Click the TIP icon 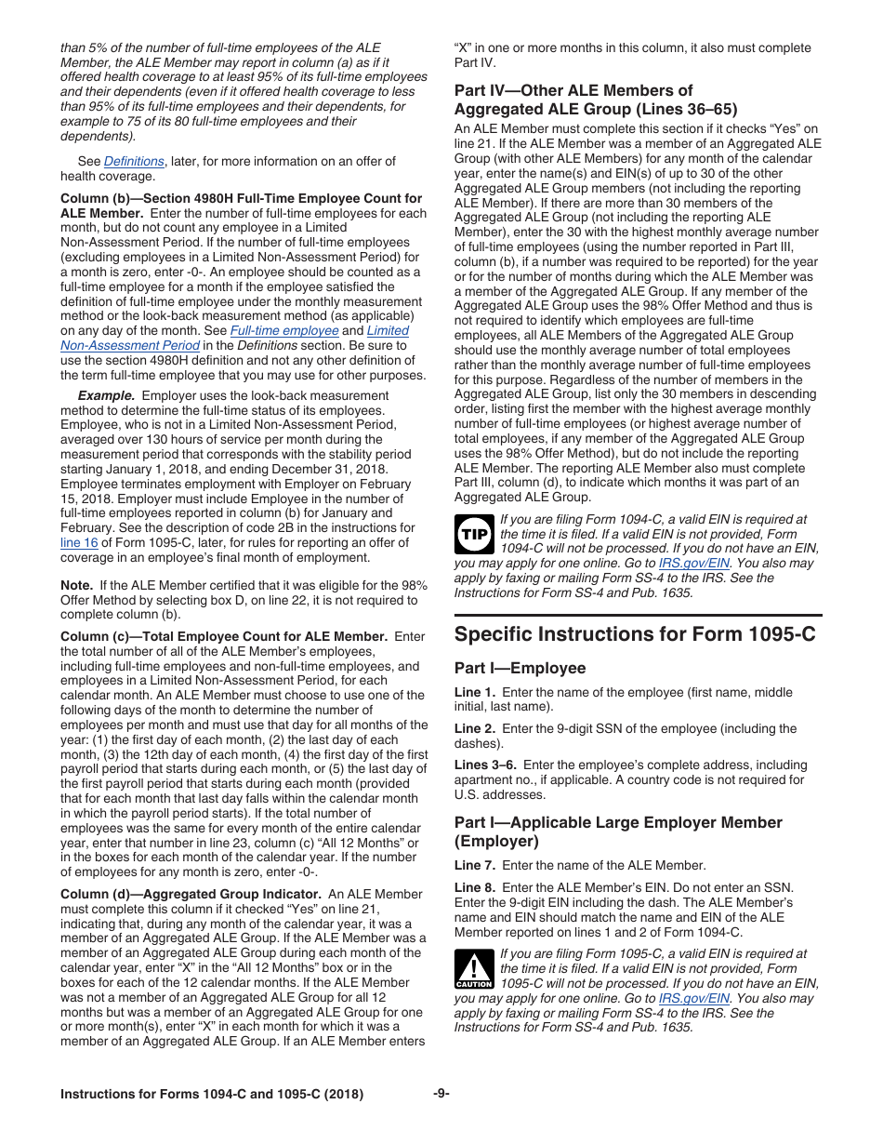(474, 535)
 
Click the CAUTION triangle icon (474, 969)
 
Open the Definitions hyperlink (134, 161)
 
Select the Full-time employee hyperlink (284, 330)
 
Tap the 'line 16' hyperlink (79, 543)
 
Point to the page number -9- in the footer (441, 1094)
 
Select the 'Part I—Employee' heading (520, 668)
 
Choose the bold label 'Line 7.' (475, 865)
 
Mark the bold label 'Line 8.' (475, 887)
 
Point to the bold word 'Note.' (76, 585)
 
